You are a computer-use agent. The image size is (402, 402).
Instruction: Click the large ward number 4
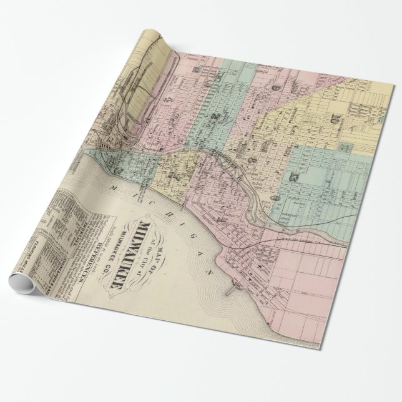(168, 97)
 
